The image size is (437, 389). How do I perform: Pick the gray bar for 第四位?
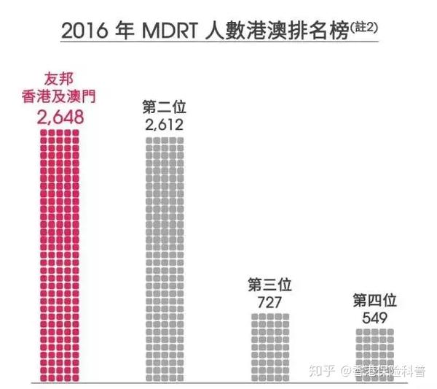click(x=374, y=355)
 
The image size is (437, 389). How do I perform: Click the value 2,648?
click(x=60, y=117)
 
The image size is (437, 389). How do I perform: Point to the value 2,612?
click(x=164, y=125)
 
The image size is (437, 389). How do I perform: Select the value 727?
click(x=270, y=301)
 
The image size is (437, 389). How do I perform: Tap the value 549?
click(x=374, y=318)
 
